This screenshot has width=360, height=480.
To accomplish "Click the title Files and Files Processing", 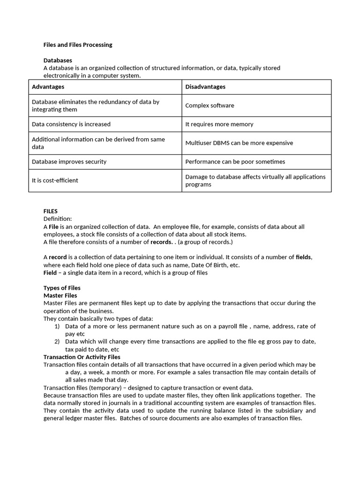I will point(78,45).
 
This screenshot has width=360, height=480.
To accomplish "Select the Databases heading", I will point(58,60).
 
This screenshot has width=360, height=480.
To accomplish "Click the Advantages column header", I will point(48,87).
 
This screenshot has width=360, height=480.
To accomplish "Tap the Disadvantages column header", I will point(205,87).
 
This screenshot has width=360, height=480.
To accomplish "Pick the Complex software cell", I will point(210,105).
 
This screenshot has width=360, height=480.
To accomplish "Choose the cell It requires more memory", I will point(219,124).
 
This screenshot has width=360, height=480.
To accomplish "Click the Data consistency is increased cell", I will point(71,124).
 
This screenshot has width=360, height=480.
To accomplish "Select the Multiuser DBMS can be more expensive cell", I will point(239,143).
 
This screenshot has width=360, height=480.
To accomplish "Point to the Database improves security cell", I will point(69,162).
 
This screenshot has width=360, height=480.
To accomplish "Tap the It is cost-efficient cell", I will point(55,180).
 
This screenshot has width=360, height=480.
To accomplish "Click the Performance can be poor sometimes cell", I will point(235,162).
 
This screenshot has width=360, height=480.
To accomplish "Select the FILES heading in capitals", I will point(51,211).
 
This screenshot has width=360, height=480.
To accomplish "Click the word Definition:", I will point(58,219).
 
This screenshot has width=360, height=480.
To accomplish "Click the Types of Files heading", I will point(62,288).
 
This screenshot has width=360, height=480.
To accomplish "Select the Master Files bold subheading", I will point(60,296).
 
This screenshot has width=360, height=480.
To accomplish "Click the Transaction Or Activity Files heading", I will point(82,357).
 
